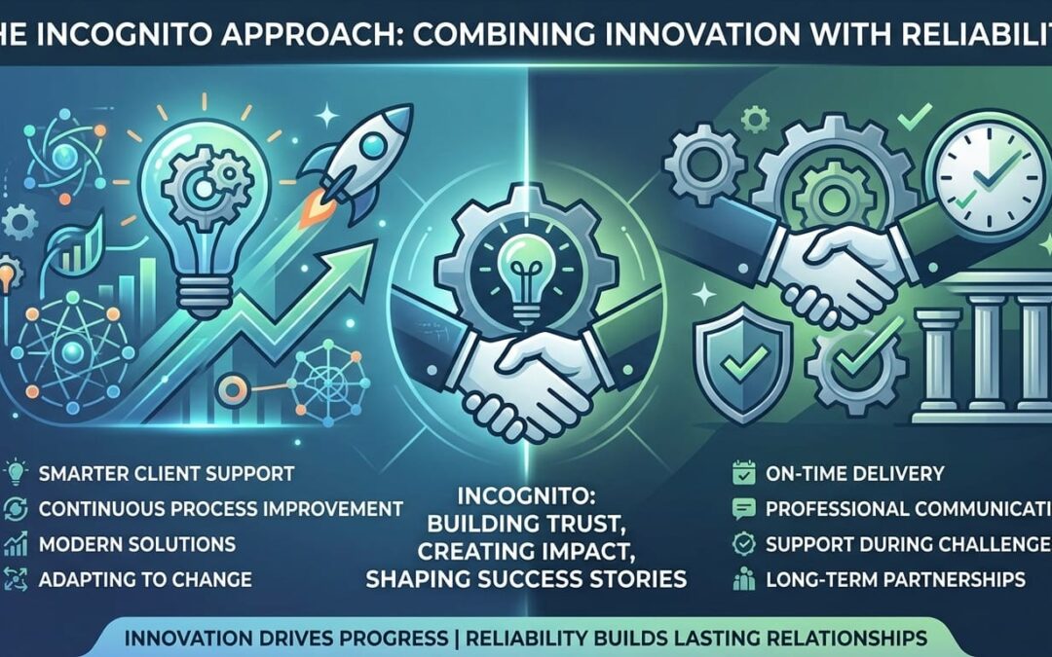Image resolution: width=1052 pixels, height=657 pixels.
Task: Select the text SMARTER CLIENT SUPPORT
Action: (167, 475)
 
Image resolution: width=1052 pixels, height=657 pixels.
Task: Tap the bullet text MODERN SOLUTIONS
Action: (137, 543)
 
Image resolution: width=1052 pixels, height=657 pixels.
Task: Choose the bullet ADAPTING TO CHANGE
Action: (145, 579)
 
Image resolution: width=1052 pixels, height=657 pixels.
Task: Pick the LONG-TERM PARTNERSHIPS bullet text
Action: (895, 579)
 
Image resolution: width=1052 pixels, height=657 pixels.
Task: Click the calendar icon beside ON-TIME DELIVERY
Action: (739, 474)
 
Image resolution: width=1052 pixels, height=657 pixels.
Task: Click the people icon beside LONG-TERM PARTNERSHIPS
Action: (739, 580)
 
